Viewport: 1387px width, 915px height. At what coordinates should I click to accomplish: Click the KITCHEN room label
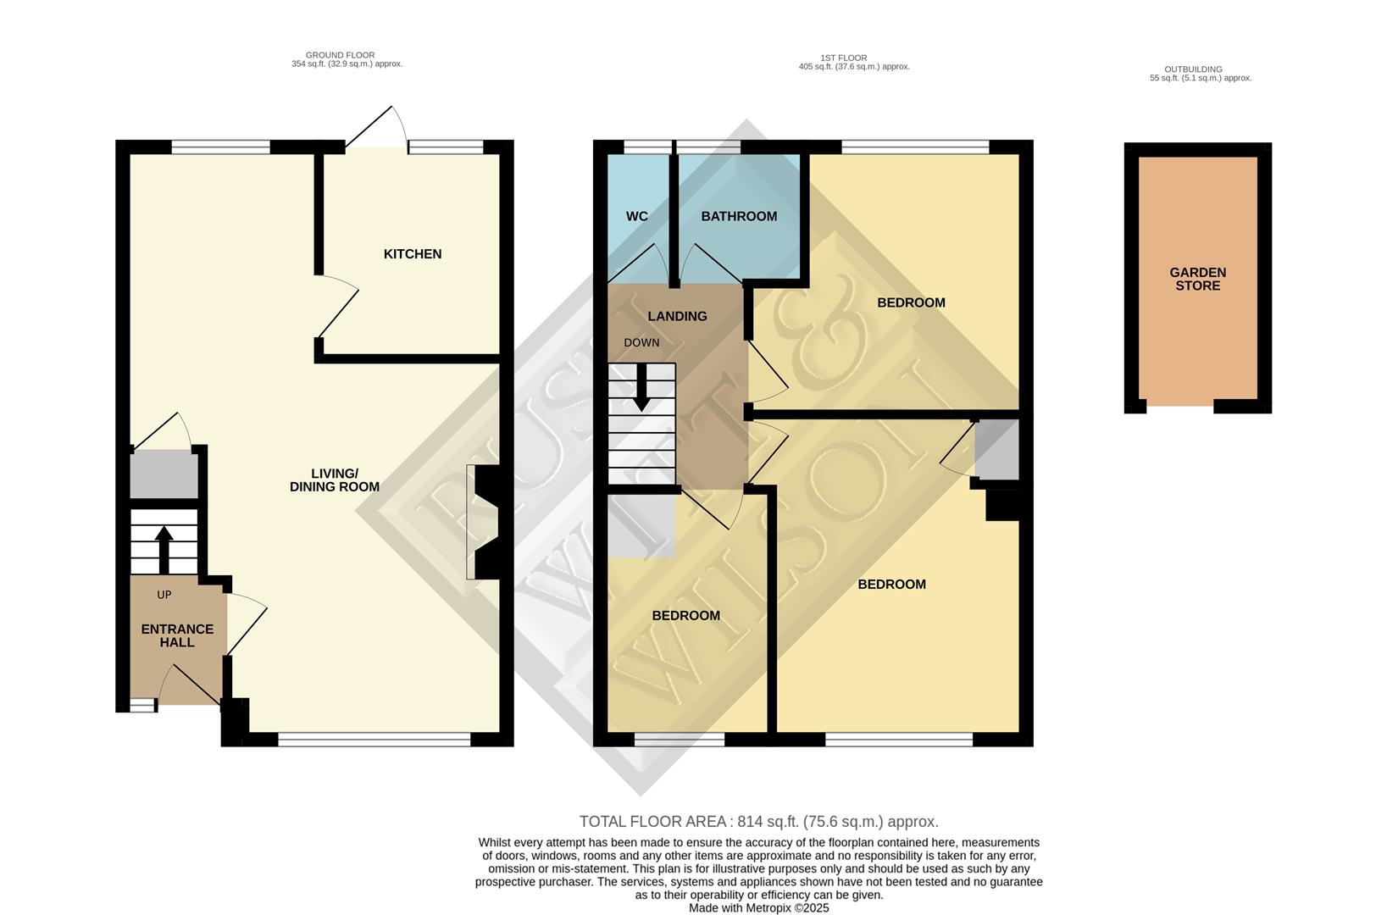413,254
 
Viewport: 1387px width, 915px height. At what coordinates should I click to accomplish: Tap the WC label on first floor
637,217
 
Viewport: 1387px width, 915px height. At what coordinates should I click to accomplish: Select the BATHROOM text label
739,217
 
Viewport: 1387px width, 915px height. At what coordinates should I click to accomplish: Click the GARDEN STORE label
1197,279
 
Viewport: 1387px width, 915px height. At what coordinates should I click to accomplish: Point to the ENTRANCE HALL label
177,635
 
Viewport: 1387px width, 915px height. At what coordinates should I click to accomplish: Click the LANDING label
677,316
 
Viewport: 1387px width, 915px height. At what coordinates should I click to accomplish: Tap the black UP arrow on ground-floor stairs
164,549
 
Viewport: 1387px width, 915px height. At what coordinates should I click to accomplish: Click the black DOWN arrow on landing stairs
641,388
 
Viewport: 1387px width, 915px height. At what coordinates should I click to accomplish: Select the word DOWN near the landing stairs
641,343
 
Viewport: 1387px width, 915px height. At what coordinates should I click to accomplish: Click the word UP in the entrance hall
164,595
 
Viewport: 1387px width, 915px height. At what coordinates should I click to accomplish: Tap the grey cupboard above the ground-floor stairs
164,474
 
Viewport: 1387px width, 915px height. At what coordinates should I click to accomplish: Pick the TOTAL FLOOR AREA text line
758,822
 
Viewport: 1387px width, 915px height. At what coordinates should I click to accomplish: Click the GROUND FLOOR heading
340,55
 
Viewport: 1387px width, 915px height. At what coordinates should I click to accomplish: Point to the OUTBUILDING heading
1192,69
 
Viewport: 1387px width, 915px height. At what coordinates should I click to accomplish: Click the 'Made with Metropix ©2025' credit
758,907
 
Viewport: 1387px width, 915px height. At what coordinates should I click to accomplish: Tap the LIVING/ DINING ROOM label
335,480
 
